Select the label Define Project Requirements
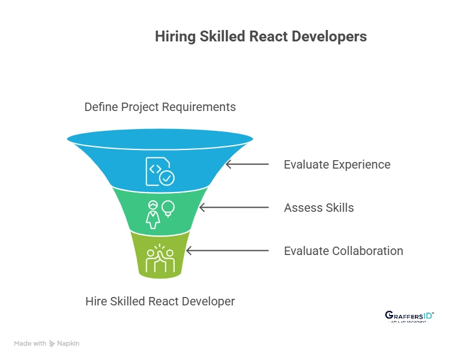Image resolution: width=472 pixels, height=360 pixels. (x=160, y=107)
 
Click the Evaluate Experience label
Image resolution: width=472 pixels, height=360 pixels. (x=337, y=164)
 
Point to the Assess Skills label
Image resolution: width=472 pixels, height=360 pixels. (x=319, y=208)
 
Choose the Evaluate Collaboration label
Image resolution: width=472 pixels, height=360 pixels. (x=343, y=251)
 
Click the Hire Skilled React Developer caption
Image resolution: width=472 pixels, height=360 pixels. (x=160, y=301)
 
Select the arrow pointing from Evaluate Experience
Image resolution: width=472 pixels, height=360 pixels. (x=247, y=164)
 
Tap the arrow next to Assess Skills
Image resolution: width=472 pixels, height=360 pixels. (x=234, y=208)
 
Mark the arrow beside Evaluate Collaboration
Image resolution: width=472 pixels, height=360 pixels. (x=228, y=251)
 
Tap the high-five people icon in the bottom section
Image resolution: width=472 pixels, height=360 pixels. (x=160, y=258)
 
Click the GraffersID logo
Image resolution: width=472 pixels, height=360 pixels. (x=408, y=317)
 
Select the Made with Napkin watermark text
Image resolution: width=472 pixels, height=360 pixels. (x=47, y=344)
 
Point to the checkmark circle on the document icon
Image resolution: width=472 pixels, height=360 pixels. (x=166, y=178)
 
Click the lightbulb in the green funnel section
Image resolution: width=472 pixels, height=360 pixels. (x=168, y=208)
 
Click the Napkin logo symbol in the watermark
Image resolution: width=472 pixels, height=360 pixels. (x=52, y=344)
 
